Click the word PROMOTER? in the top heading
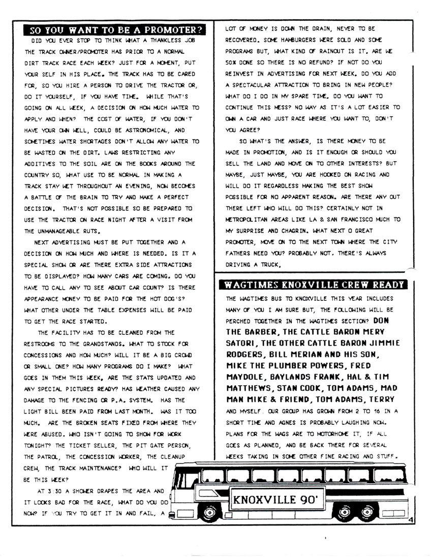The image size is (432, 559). tap(172, 29)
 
